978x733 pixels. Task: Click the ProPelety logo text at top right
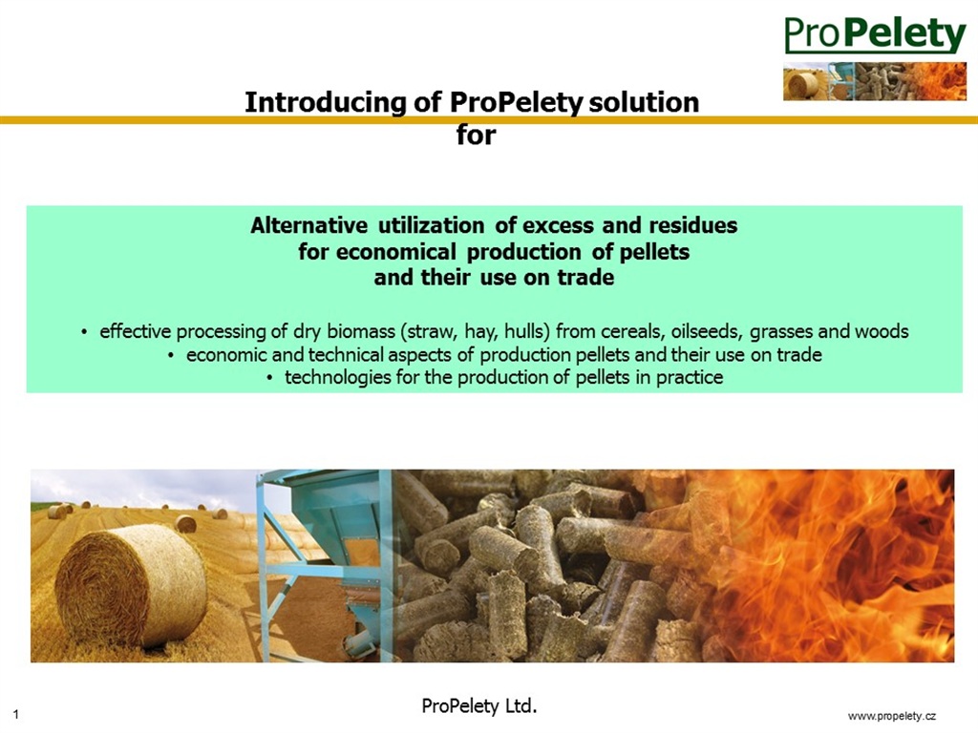coord(875,35)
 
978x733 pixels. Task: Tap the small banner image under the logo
coord(875,81)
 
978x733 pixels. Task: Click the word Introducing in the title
coord(325,103)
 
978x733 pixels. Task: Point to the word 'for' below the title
coord(476,135)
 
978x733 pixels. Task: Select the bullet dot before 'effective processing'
coord(84,332)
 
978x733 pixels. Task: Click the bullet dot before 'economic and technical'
coord(171,356)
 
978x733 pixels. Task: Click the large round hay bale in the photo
coord(131,585)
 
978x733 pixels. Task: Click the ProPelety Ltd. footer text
coord(479,706)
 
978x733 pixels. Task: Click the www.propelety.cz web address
coord(892,716)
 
